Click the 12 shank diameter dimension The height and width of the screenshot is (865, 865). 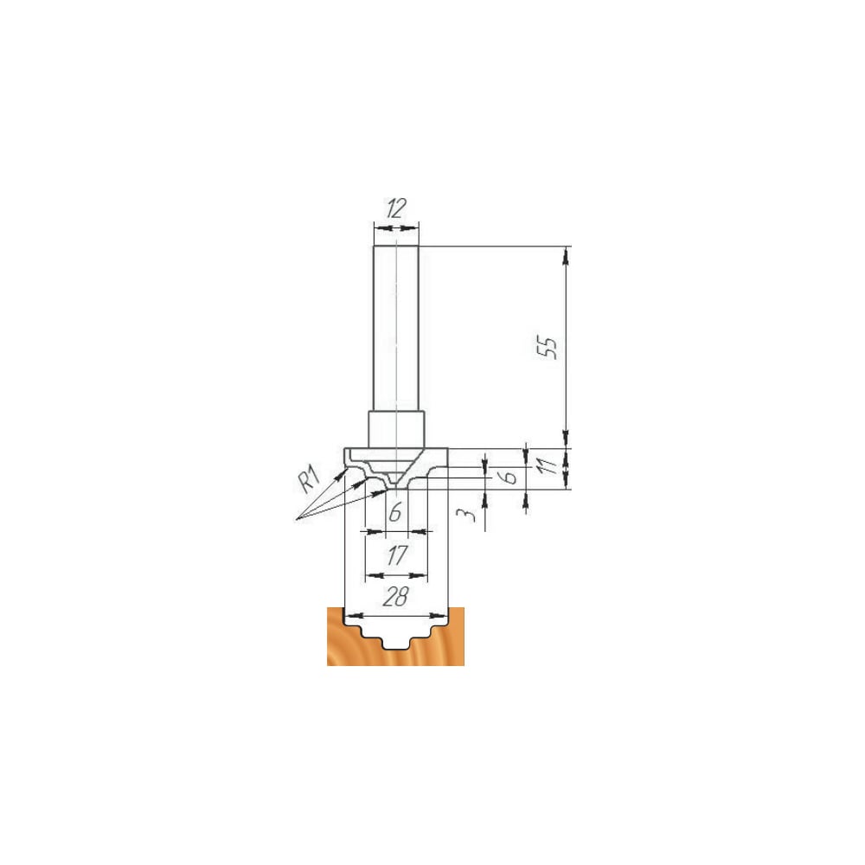pyautogui.click(x=395, y=208)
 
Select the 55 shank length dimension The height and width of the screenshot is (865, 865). pyautogui.click(x=548, y=347)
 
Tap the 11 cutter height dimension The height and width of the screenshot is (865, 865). pyautogui.click(x=547, y=467)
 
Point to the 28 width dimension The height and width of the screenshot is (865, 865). pyautogui.click(x=395, y=596)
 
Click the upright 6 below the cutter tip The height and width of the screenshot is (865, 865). pyautogui.click(x=395, y=513)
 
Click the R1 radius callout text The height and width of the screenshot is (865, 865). pyautogui.click(x=309, y=478)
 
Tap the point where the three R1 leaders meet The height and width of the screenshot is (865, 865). pyautogui.click(x=296, y=519)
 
